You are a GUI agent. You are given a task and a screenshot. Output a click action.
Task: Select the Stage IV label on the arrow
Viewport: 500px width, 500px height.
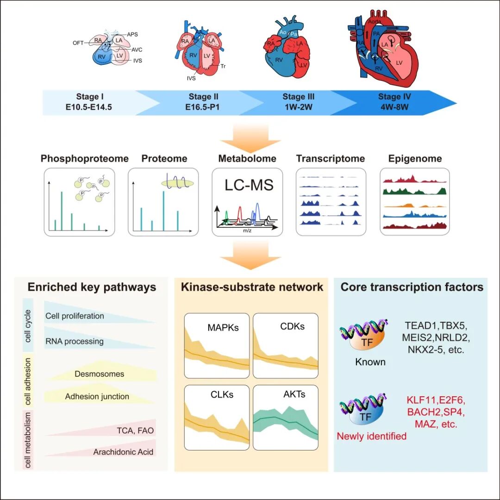pyautogui.click(x=394, y=97)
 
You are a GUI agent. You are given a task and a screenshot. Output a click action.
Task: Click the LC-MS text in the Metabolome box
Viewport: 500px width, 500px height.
pyautogui.click(x=249, y=185)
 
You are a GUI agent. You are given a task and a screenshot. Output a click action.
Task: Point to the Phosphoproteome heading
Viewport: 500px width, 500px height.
pyautogui.click(x=85, y=159)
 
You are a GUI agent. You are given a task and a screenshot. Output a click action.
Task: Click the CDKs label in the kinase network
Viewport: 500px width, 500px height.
pyautogui.click(x=293, y=326)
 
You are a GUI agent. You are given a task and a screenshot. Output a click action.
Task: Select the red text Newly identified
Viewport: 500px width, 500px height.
pyautogui.click(x=371, y=436)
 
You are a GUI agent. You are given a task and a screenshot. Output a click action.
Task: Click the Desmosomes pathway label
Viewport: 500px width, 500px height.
pyautogui.click(x=99, y=374)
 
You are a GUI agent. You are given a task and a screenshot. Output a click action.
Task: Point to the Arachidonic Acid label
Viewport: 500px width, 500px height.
pyautogui.click(x=123, y=452)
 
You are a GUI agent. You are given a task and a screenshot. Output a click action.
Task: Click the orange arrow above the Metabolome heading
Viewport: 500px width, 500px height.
pyautogui.click(x=250, y=139)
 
